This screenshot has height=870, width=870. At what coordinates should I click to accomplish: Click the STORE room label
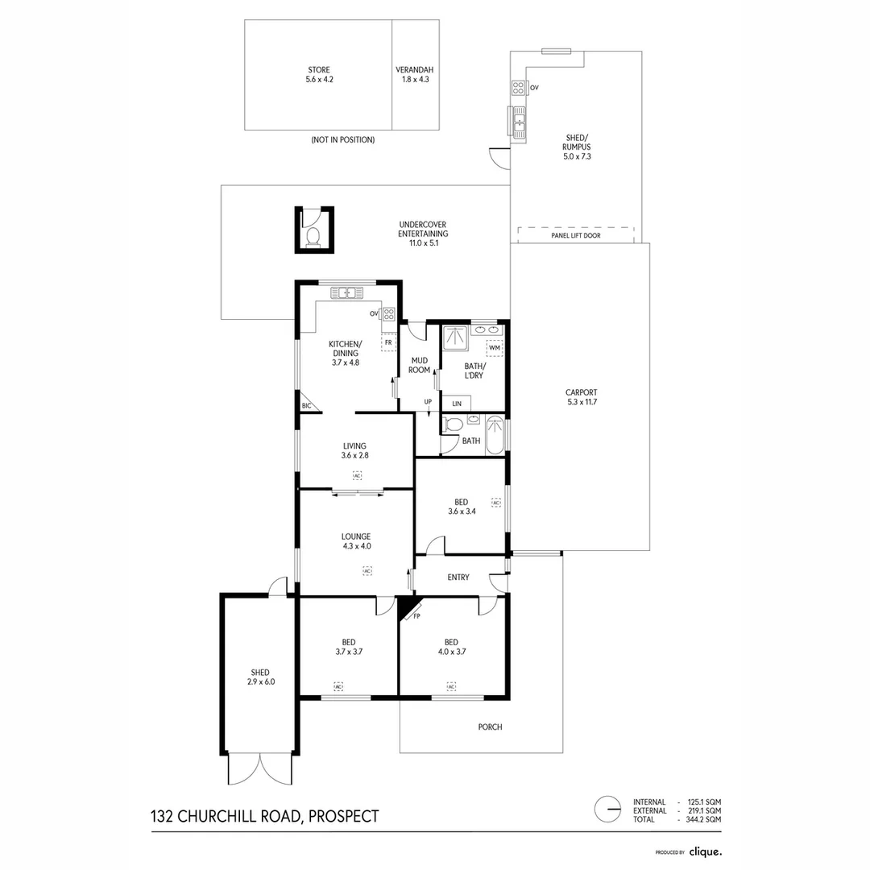[x=318, y=74]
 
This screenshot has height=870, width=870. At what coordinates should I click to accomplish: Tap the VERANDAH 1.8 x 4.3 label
[x=415, y=74]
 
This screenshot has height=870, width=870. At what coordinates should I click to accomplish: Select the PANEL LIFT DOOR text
[x=575, y=236]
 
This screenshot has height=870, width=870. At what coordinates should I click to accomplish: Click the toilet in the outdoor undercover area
[x=313, y=235]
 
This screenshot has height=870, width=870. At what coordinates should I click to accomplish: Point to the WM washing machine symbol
[x=494, y=348]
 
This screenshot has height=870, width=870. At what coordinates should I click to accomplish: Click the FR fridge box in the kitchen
[x=388, y=342]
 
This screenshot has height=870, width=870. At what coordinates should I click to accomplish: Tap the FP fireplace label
[x=416, y=616]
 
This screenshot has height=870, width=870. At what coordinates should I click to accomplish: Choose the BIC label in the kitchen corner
[x=306, y=406]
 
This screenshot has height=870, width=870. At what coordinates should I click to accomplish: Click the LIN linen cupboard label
[x=457, y=403]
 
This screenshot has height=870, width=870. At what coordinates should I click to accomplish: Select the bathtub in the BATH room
[x=495, y=435]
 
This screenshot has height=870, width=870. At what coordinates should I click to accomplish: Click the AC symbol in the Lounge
[x=367, y=570]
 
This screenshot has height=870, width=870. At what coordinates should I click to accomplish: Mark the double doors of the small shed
[x=259, y=768]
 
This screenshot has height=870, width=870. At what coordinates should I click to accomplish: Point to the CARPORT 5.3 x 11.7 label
[x=581, y=397]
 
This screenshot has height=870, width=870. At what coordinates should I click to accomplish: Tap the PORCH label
[x=490, y=727]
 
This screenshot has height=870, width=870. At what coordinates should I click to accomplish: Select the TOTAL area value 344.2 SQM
[x=700, y=818]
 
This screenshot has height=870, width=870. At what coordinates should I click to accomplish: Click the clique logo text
[x=705, y=851]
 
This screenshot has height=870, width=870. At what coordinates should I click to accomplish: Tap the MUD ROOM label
[x=420, y=365]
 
